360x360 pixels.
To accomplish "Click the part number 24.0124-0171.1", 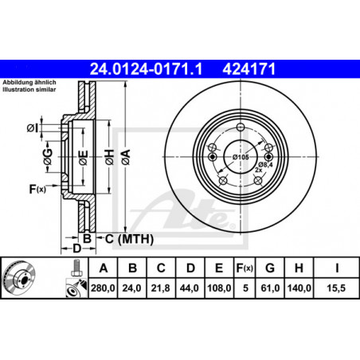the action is (x=146, y=69).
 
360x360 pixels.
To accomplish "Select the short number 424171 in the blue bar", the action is (x=249, y=69).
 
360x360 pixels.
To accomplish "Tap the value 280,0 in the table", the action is (x=103, y=288).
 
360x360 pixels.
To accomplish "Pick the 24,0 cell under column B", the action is (x=131, y=288).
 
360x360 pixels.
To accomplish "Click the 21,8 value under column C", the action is (x=161, y=288).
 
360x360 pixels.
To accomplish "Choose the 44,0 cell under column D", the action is (x=190, y=288).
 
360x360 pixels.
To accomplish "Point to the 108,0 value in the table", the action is (x=219, y=288).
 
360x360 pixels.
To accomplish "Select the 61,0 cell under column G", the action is (x=270, y=288).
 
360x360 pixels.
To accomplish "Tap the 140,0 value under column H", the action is (x=299, y=288).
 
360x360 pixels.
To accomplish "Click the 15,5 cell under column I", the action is (x=336, y=288).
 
